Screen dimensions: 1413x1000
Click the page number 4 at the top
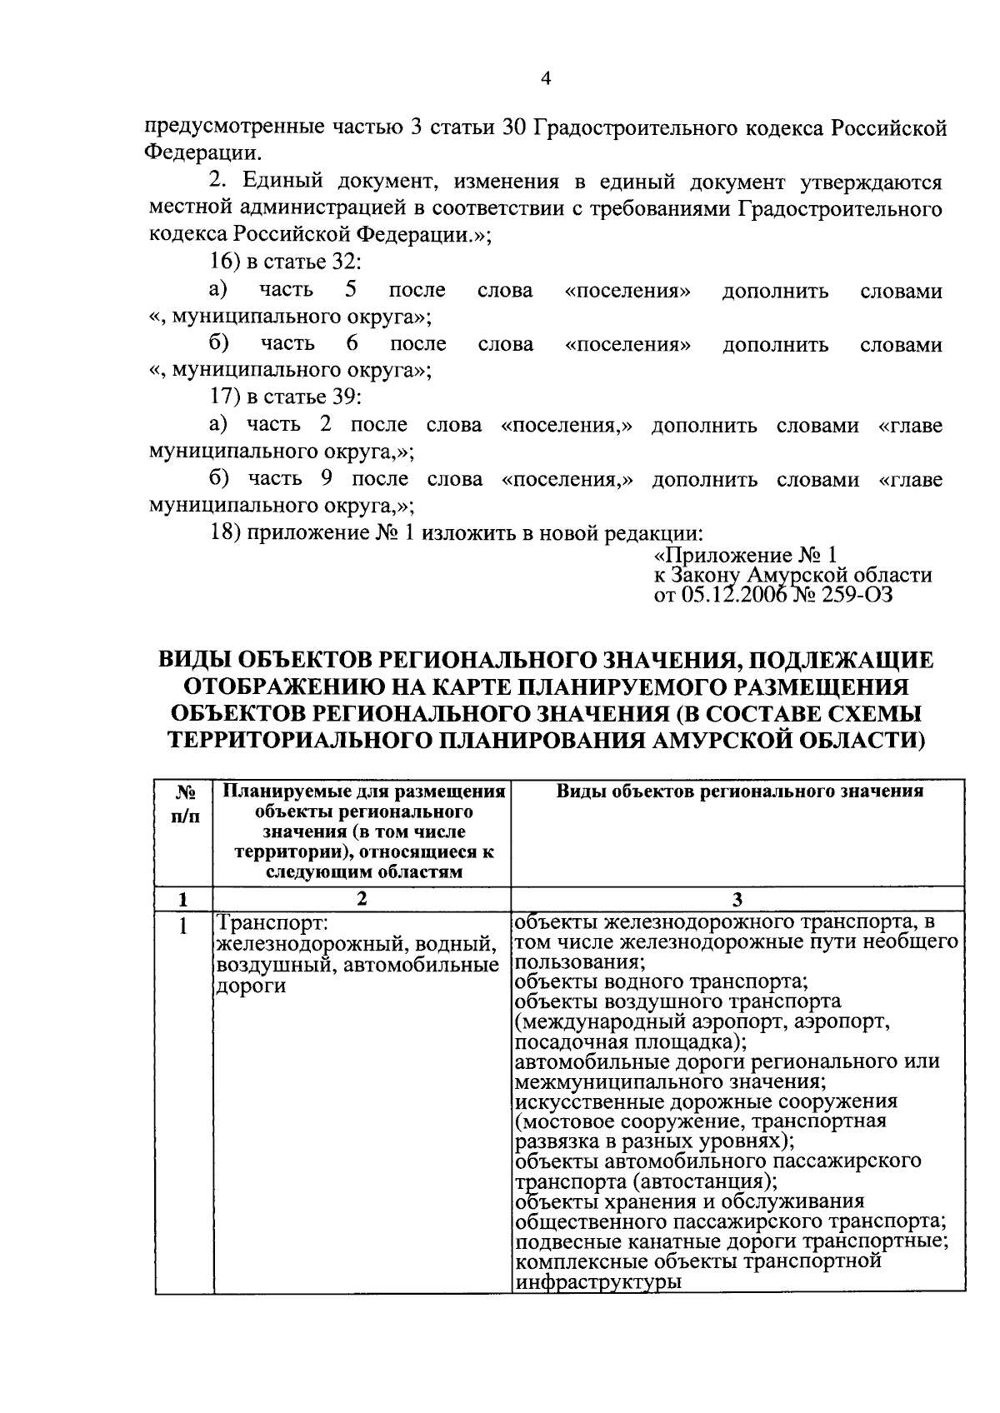(546, 79)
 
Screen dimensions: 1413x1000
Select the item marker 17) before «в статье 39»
(224, 397)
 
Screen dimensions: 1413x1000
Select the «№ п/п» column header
(184, 806)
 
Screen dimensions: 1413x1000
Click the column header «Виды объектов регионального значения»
(739, 792)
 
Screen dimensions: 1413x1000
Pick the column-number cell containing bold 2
(361, 899)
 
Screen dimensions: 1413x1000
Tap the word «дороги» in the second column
(250, 986)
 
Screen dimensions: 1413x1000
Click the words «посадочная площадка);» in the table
(631, 1041)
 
